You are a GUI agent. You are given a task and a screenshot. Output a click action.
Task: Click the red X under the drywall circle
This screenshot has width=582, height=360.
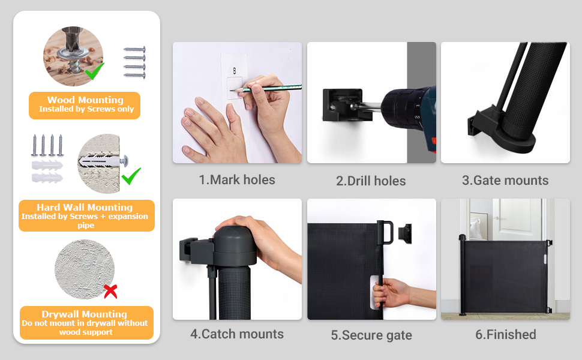point(110,292)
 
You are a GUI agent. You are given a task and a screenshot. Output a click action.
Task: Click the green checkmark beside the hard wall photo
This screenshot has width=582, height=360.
point(131,176)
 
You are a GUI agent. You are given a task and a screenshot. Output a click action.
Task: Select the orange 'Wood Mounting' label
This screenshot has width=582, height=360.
point(85,104)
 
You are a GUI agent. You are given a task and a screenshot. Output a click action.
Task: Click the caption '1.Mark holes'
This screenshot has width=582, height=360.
point(237,180)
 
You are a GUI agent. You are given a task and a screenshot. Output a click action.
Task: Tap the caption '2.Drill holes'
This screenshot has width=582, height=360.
point(371,181)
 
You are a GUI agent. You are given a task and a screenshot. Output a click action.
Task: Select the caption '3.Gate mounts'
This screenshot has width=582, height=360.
point(505,181)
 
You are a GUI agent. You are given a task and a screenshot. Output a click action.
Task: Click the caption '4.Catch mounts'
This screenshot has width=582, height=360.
point(237,334)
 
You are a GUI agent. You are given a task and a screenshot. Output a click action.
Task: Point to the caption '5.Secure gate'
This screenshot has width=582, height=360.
point(371,335)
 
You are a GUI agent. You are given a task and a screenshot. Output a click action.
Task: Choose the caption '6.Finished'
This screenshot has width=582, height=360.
point(506,335)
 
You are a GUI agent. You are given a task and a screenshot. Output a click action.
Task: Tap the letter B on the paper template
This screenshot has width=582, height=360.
point(235,71)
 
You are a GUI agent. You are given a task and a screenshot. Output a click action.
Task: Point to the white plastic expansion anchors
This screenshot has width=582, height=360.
point(47,170)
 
